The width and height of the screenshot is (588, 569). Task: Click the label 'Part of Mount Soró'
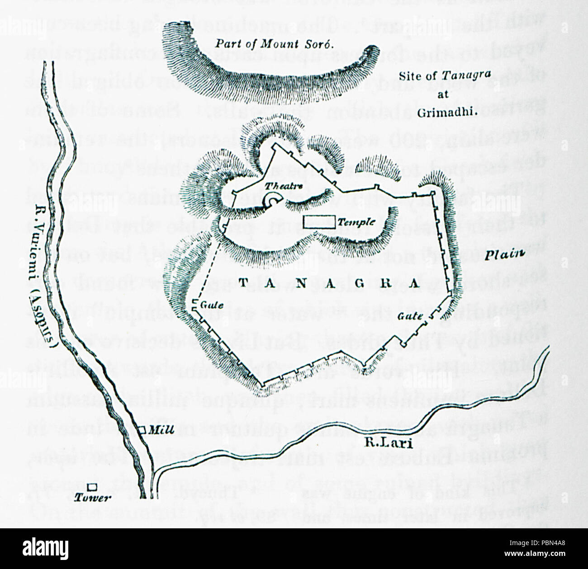click(x=280, y=44)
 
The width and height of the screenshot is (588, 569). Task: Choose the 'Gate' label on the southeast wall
click(x=410, y=316)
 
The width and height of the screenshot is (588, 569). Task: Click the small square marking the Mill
click(x=142, y=430)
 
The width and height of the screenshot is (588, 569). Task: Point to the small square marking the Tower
click(x=92, y=487)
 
